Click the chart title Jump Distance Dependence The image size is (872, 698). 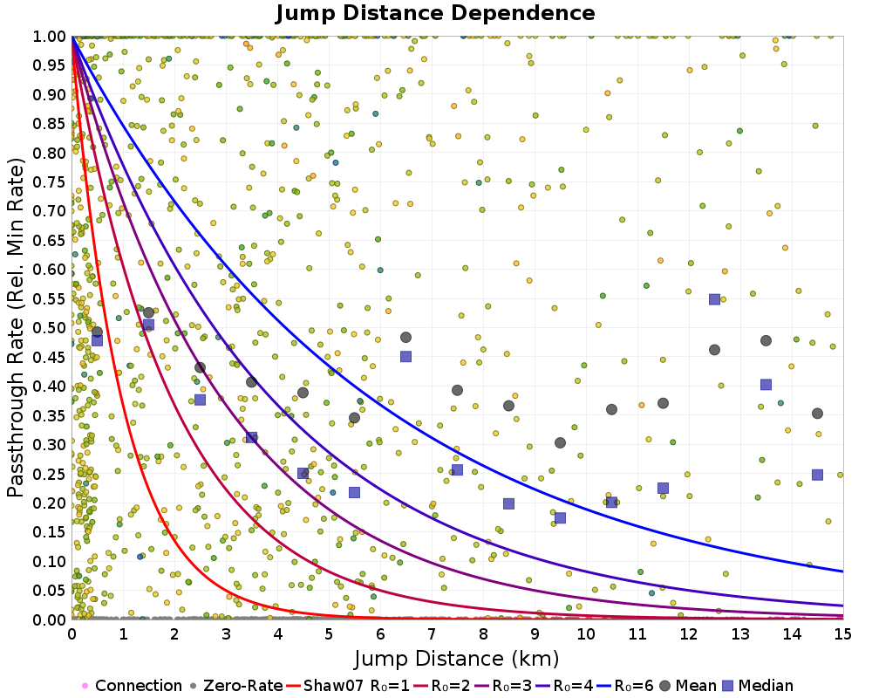(x=435, y=13)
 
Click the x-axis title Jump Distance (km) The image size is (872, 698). (x=456, y=657)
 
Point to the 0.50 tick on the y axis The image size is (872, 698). (x=50, y=327)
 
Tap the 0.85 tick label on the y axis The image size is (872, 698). (x=50, y=123)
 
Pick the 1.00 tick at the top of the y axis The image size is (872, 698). (x=50, y=36)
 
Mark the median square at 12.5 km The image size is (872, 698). (x=714, y=299)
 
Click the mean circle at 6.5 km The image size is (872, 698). (x=405, y=338)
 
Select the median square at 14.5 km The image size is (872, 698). (x=817, y=475)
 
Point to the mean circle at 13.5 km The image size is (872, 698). (x=766, y=341)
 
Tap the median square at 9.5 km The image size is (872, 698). (x=560, y=518)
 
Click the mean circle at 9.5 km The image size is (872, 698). (x=560, y=442)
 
